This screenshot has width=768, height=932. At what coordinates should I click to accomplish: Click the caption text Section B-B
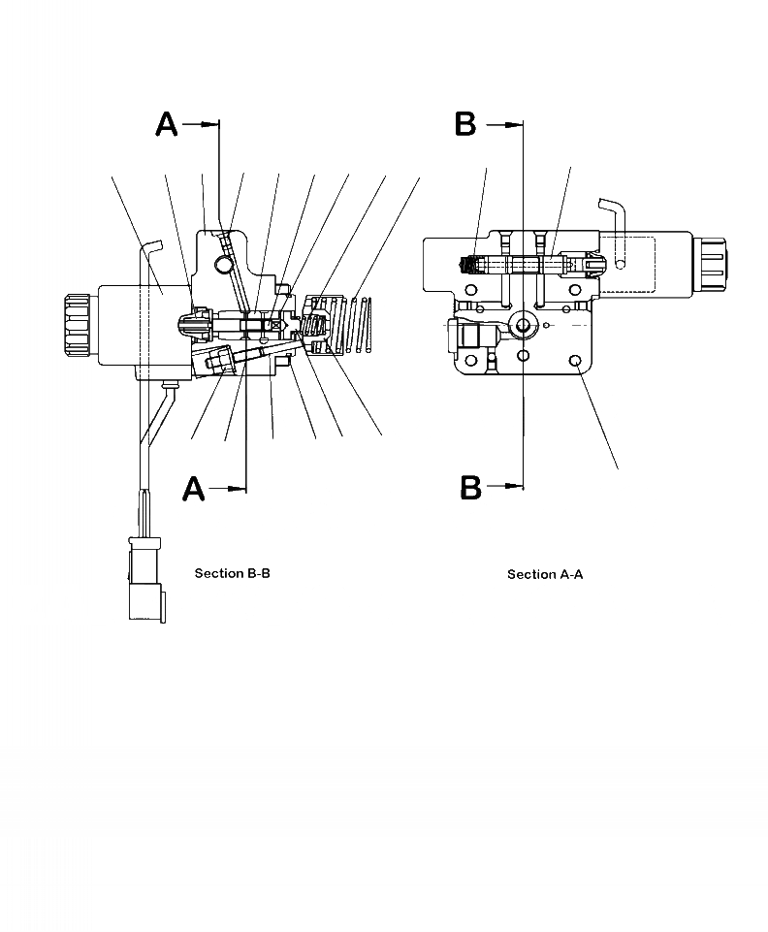pyautogui.click(x=232, y=573)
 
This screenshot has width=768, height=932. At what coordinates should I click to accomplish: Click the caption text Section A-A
pyautogui.click(x=545, y=574)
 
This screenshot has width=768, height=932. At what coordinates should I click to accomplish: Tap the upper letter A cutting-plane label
pyautogui.click(x=168, y=124)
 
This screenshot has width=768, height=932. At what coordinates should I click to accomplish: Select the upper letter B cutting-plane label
pyautogui.click(x=466, y=124)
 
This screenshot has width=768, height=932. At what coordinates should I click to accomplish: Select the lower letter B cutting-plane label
pyautogui.click(x=470, y=487)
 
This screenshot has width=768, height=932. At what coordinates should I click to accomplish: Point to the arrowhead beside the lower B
pyautogui.click(x=514, y=487)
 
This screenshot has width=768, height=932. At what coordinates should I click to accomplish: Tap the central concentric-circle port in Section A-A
pyautogui.click(x=525, y=325)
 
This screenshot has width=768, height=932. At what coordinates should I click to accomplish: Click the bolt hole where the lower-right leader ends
pyautogui.click(x=577, y=361)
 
